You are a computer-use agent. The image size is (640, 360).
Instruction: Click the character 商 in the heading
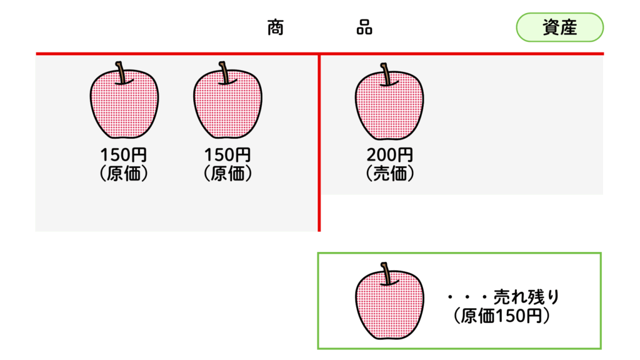tap(276, 27)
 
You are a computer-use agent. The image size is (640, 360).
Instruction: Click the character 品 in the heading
tap(364, 27)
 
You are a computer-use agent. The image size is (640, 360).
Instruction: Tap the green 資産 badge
tap(559, 27)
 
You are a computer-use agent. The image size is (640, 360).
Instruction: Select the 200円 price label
tap(389, 155)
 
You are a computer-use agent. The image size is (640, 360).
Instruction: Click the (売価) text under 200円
tap(390, 174)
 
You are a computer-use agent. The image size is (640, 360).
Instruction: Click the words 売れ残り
tap(526, 297)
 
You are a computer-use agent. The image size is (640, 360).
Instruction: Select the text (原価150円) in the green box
tap(502, 316)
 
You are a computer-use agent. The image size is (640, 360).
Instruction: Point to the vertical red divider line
tap(319, 142)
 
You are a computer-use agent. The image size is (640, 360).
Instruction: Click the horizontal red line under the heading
tap(319, 54)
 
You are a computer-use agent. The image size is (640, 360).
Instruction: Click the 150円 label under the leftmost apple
tap(123, 155)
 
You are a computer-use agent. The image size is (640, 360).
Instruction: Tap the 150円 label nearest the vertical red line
tap(227, 155)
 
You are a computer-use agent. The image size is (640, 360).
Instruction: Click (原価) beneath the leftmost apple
tap(124, 174)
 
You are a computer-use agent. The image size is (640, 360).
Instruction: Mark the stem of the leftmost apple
tap(121, 73)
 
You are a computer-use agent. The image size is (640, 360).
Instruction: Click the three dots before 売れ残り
tap(467, 297)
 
